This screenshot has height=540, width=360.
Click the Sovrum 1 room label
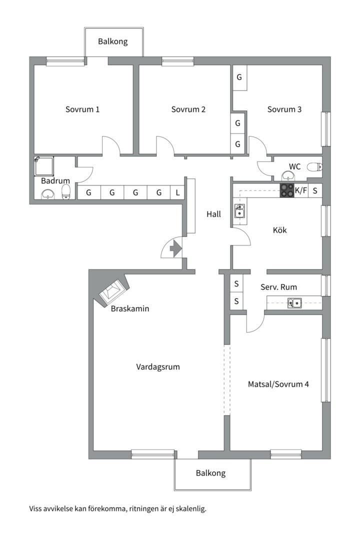pyautogui.click(x=82, y=109)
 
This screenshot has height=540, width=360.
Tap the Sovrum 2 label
pyautogui.click(x=188, y=109)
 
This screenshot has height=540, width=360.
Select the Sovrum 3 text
pyautogui.click(x=284, y=109)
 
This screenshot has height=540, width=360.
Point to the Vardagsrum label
pyautogui.click(x=158, y=367)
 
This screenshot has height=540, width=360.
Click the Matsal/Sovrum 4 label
pyautogui.click(x=278, y=384)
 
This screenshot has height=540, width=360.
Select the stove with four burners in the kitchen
pyautogui.click(x=287, y=190)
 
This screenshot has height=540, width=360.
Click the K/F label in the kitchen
pyautogui.click(x=301, y=190)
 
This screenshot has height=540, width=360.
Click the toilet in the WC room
pyautogui.click(x=313, y=167)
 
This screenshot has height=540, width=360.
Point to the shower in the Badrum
pyautogui.click(x=43, y=166)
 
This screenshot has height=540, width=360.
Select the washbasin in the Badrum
pyautogui.click(x=48, y=194)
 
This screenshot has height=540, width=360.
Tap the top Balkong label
pyautogui.click(x=112, y=41)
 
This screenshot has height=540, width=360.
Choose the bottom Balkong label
pyautogui.click(x=210, y=473)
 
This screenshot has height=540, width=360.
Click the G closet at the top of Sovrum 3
pyautogui.click(x=239, y=78)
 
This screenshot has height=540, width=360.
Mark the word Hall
pyautogui.click(x=213, y=214)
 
